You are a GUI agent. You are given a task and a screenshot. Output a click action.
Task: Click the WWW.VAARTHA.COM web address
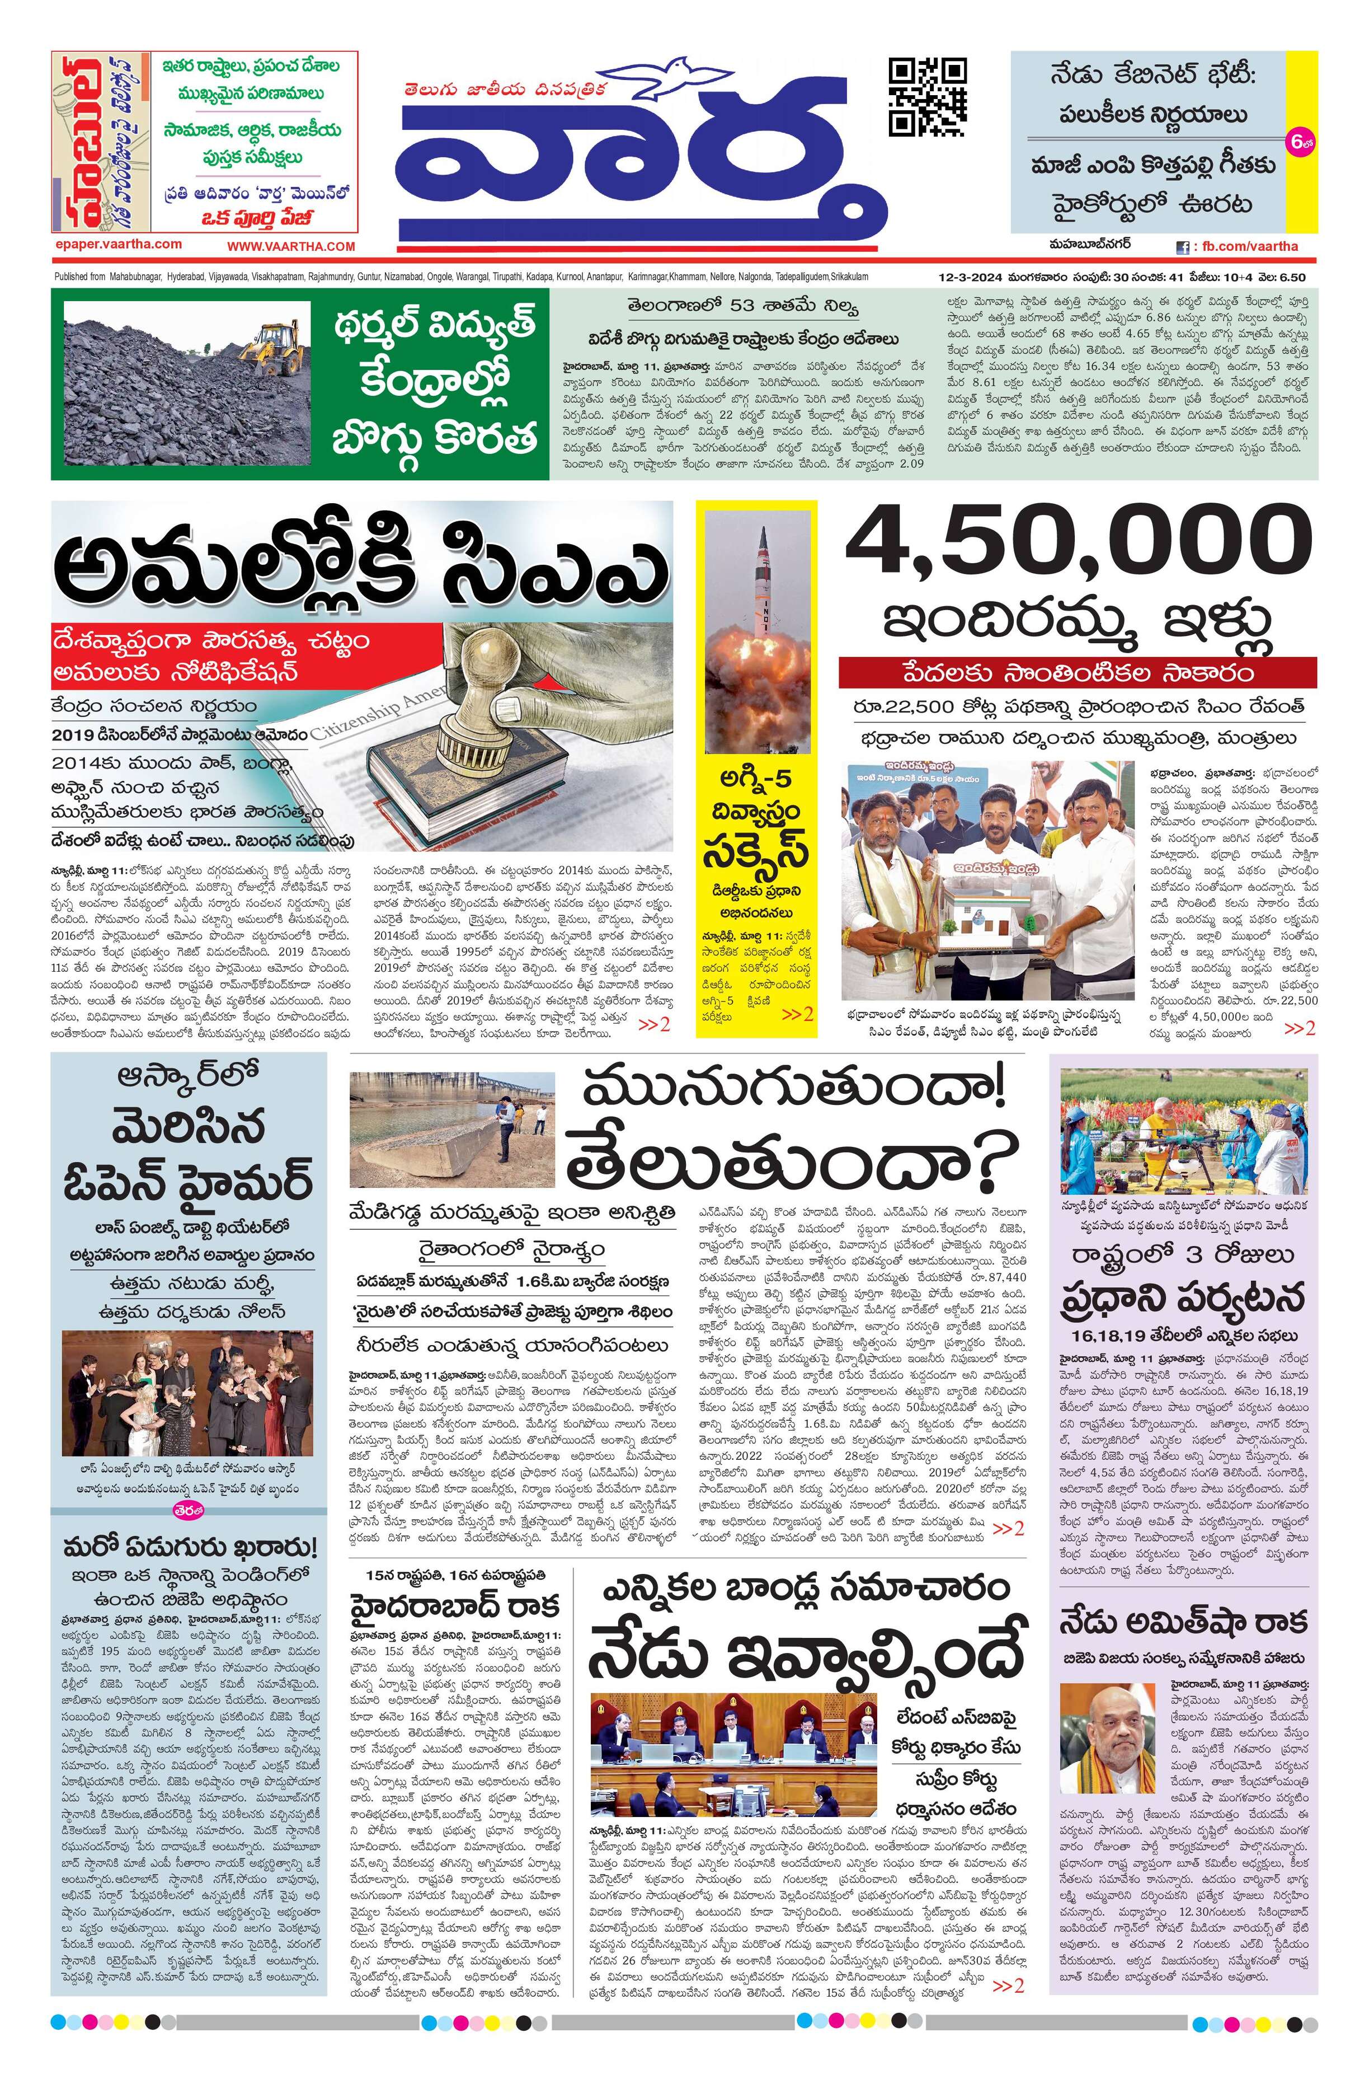tap(291, 247)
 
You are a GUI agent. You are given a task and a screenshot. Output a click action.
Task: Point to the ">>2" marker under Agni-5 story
tap(797, 1014)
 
